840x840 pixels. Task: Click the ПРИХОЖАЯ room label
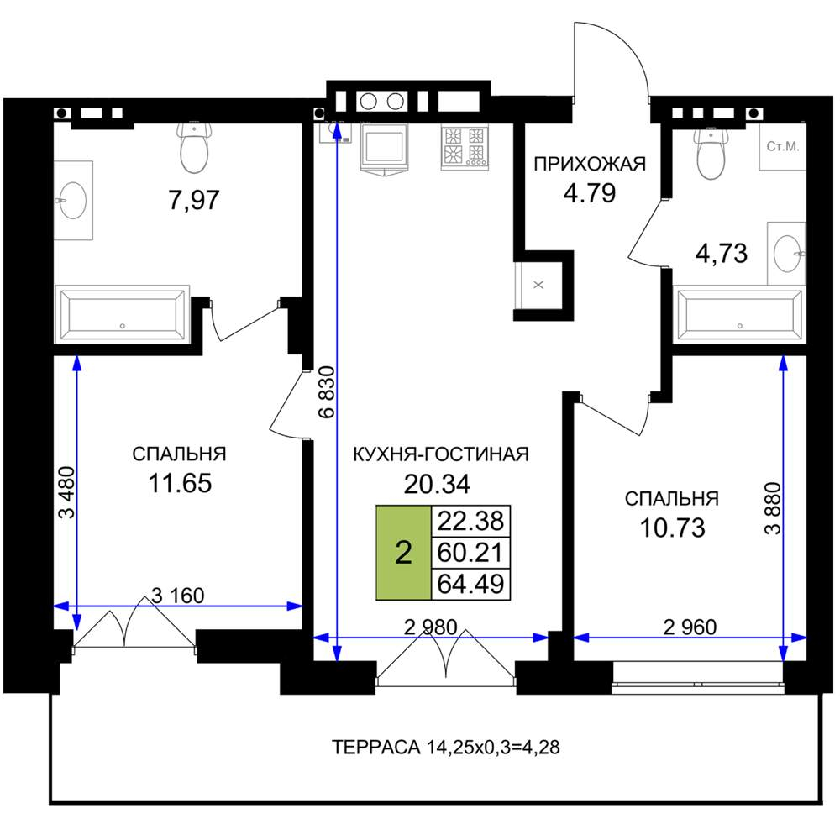pyautogui.click(x=590, y=164)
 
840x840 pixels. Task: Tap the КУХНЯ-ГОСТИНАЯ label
pyautogui.click(x=440, y=454)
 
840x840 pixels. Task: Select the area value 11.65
pyautogui.click(x=180, y=483)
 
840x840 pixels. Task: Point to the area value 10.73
pyautogui.click(x=672, y=528)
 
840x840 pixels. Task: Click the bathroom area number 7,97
pyautogui.click(x=194, y=201)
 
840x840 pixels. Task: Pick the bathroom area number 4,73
pyautogui.click(x=721, y=254)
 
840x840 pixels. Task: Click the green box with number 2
pyautogui.click(x=403, y=553)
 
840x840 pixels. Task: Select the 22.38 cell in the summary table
pyautogui.click(x=470, y=521)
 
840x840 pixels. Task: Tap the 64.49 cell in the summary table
pyautogui.click(x=470, y=584)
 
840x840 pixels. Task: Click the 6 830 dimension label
pyautogui.click(x=326, y=391)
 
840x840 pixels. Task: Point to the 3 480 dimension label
pyautogui.click(x=67, y=493)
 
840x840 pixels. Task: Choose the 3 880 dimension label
pyautogui.click(x=773, y=508)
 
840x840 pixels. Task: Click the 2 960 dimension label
pyautogui.click(x=690, y=627)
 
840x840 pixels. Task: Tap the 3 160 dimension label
pyautogui.click(x=177, y=596)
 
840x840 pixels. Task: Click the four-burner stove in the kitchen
pyautogui.click(x=465, y=148)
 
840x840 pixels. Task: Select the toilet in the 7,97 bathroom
pyautogui.click(x=194, y=147)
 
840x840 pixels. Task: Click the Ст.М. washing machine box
pyautogui.click(x=783, y=147)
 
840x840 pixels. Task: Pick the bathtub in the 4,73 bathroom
pyautogui.click(x=740, y=315)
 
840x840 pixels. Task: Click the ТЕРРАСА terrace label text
pyautogui.click(x=446, y=747)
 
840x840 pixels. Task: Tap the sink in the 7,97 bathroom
pyautogui.click(x=72, y=201)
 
